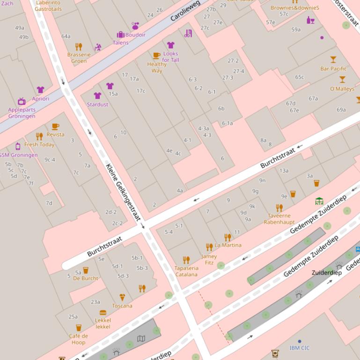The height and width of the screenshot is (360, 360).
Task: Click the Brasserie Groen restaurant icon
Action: pyautogui.click(x=79, y=47)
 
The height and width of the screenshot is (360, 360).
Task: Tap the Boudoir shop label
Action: pyautogui.click(x=135, y=35)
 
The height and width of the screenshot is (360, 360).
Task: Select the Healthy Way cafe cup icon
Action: pyautogui.click(x=156, y=56)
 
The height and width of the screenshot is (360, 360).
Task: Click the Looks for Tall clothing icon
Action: pyautogui.click(x=170, y=45)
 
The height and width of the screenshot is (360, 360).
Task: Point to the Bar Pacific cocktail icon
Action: pyautogui.click(x=333, y=59)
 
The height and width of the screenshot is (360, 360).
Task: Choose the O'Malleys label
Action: pyautogui.click(x=342, y=89)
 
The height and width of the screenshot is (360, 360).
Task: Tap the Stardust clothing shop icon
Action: pyautogui.click(x=97, y=96)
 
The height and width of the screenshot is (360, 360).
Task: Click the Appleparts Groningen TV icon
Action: pyautogui.click(x=22, y=101)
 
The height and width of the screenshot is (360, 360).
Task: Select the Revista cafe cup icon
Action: pyautogui.click(x=55, y=127)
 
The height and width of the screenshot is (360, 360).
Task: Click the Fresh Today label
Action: pyautogui.click(x=39, y=145)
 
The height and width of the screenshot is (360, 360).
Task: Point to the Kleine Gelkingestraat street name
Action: pyautogui.click(x=123, y=192)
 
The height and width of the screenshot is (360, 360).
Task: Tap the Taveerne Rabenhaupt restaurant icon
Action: pyautogui.click(x=279, y=208)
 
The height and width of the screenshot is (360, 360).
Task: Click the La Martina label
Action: pyautogui.click(x=228, y=245)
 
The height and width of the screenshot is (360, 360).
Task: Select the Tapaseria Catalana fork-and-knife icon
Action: pyautogui.click(x=186, y=260)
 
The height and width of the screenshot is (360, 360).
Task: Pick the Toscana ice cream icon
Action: pyautogui.click(x=122, y=297)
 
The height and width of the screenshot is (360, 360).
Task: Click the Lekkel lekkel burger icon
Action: pyautogui.click(x=103, y=312)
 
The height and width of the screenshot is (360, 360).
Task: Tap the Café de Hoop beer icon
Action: pyautogui.click(x=79, y=328)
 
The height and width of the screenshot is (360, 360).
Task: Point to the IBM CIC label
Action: pyautogui.click(x=300, y=348)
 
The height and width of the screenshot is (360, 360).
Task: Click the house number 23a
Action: pyautogui.click(x=96, y=302)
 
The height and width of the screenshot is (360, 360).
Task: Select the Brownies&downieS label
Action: pyautogui.click(x=295, y=8)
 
